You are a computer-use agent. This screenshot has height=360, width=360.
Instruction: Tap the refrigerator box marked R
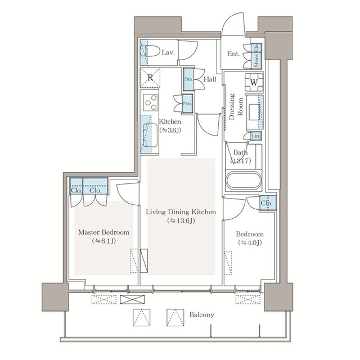click(150, 78)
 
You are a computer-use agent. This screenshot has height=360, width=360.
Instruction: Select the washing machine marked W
click(254, 82)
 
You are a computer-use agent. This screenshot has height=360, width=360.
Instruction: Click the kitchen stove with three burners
click(151, 102)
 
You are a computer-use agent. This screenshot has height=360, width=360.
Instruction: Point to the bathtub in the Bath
click(244, 181)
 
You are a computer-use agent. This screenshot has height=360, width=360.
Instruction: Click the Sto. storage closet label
click(189, 79)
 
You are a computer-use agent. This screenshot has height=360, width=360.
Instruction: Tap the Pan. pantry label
click(187, 103)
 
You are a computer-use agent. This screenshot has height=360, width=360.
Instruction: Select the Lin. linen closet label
click(256, 136)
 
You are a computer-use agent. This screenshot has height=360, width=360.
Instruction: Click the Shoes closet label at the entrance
click(256, 61)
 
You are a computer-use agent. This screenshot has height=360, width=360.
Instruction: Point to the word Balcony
click(201, 314)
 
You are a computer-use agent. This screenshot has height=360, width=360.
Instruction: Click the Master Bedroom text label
click(103, 232)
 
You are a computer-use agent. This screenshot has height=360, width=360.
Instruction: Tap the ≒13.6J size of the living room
click(181, 221)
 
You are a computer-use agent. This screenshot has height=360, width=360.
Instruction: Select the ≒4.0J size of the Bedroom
click(250, 243)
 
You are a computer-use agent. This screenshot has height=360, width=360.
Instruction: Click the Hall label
click(210, 79)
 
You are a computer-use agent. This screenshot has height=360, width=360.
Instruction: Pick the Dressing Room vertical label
click(236, 106)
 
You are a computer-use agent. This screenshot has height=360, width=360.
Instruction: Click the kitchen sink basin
click(150, 135)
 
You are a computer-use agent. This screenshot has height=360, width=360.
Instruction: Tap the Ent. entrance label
click(233, 54)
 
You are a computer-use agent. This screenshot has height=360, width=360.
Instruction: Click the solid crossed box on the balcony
click(133, 299)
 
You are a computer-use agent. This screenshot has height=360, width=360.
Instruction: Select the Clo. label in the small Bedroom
click(267, 203)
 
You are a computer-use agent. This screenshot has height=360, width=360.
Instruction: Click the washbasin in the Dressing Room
click(254, 112)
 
